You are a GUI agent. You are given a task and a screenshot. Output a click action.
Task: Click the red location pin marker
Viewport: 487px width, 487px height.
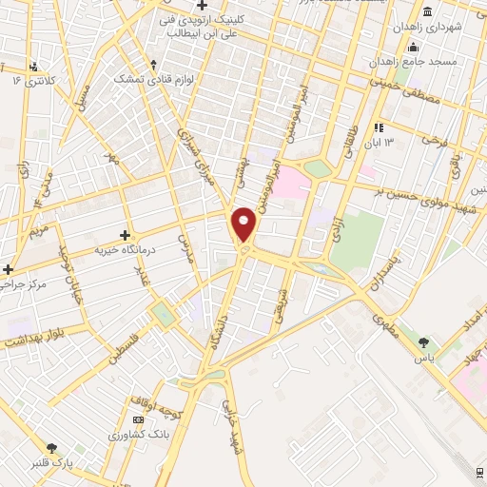(244, 224)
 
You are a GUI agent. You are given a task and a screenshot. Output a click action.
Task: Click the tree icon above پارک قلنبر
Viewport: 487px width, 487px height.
(51, 448)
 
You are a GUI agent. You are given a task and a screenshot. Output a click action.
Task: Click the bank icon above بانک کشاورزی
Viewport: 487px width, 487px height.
(139, 419)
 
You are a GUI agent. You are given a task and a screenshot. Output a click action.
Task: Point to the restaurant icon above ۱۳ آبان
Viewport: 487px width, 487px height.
(379, 127)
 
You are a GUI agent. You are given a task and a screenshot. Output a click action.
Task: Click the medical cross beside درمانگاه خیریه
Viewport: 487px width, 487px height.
(125, 234)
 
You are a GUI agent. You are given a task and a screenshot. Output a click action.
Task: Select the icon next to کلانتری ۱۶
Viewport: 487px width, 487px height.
(35, 67)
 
